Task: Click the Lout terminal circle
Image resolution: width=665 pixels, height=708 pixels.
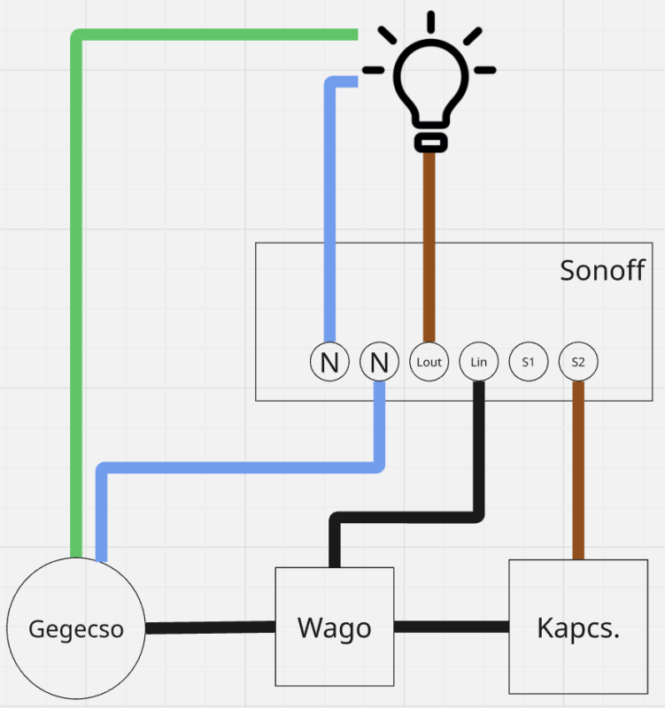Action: [429, 362]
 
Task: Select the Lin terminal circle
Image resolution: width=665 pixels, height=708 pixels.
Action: [479, 362]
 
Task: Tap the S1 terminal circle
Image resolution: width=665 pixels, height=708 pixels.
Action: [529, 362]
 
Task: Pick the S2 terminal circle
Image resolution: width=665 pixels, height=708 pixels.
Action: [578, 362]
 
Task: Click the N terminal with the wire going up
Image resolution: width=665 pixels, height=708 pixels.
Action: [329, 362]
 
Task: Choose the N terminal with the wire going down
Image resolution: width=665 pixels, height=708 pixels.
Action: [380, 362]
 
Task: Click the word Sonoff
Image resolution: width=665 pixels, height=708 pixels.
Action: [602, 270]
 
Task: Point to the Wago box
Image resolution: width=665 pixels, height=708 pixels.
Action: [334, 627]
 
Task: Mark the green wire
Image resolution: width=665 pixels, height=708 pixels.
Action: [77, 265]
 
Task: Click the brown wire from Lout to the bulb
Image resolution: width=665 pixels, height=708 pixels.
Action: [429, 248]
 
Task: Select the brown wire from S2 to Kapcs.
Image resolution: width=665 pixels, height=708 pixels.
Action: [578, 469]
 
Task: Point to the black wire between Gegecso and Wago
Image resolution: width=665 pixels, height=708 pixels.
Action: [210, 627]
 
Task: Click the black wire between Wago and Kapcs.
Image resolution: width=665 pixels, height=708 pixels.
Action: [451, 627]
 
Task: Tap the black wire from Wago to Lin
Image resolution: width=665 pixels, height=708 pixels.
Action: [407, 514]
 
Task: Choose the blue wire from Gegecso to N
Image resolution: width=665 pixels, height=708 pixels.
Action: [239, 466]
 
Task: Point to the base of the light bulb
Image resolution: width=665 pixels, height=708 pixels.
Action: [429, 142]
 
